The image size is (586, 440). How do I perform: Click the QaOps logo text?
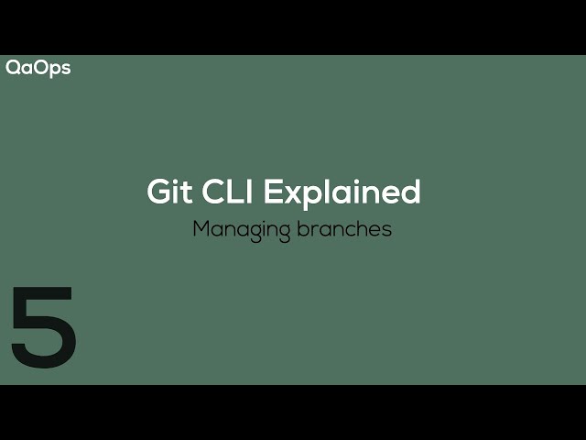click(38, 68)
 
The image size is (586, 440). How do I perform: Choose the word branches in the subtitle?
click(344, 228)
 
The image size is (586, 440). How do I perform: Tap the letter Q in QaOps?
click(13, 68)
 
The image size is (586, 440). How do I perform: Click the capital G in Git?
click(158, 192)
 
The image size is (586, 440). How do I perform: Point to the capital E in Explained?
click(273, 192)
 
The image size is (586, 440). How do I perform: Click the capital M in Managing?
click(201, 228)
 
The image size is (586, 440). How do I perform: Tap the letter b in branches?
click(302, 228)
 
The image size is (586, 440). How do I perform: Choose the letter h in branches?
click(356, 228)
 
